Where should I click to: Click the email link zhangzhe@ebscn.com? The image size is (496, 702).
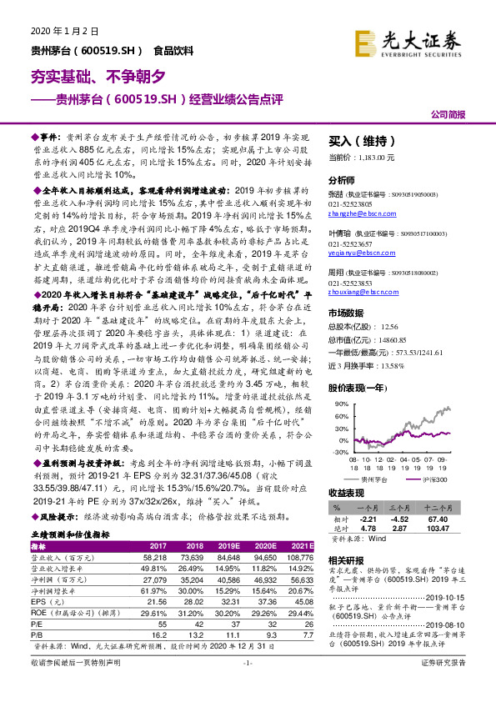358,213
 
